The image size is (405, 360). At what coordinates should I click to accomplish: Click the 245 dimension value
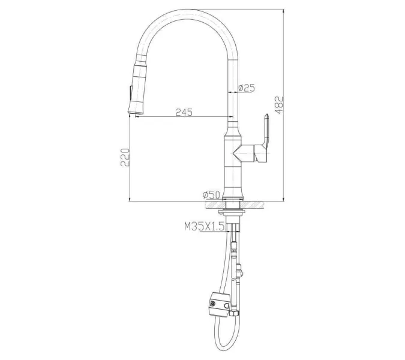184,112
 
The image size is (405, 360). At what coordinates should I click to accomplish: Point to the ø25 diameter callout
247,88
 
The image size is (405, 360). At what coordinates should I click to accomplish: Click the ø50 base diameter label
212,194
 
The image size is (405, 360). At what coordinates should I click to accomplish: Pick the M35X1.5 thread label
204,226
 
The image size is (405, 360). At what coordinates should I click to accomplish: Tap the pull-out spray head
135,84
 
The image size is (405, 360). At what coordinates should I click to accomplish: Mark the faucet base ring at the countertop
233,198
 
